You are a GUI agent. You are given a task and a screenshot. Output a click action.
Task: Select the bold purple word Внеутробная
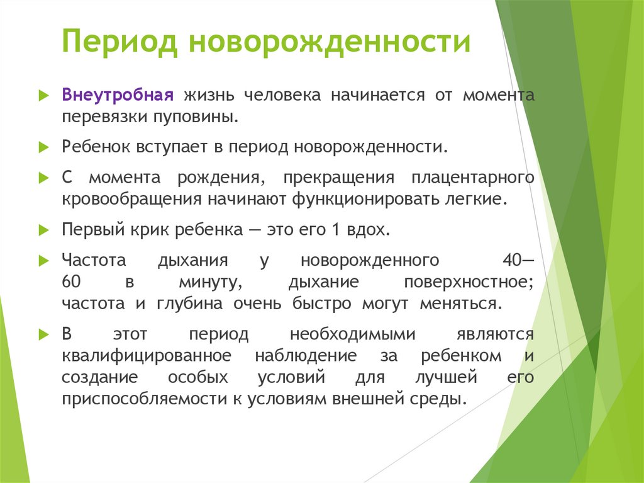[x=117, y=96]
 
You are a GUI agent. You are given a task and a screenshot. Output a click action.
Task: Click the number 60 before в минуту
[x=71, y=281]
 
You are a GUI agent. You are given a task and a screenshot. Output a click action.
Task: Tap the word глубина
[x=184, y=303]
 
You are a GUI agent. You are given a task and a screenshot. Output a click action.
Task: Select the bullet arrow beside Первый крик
[x=43, y=230]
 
